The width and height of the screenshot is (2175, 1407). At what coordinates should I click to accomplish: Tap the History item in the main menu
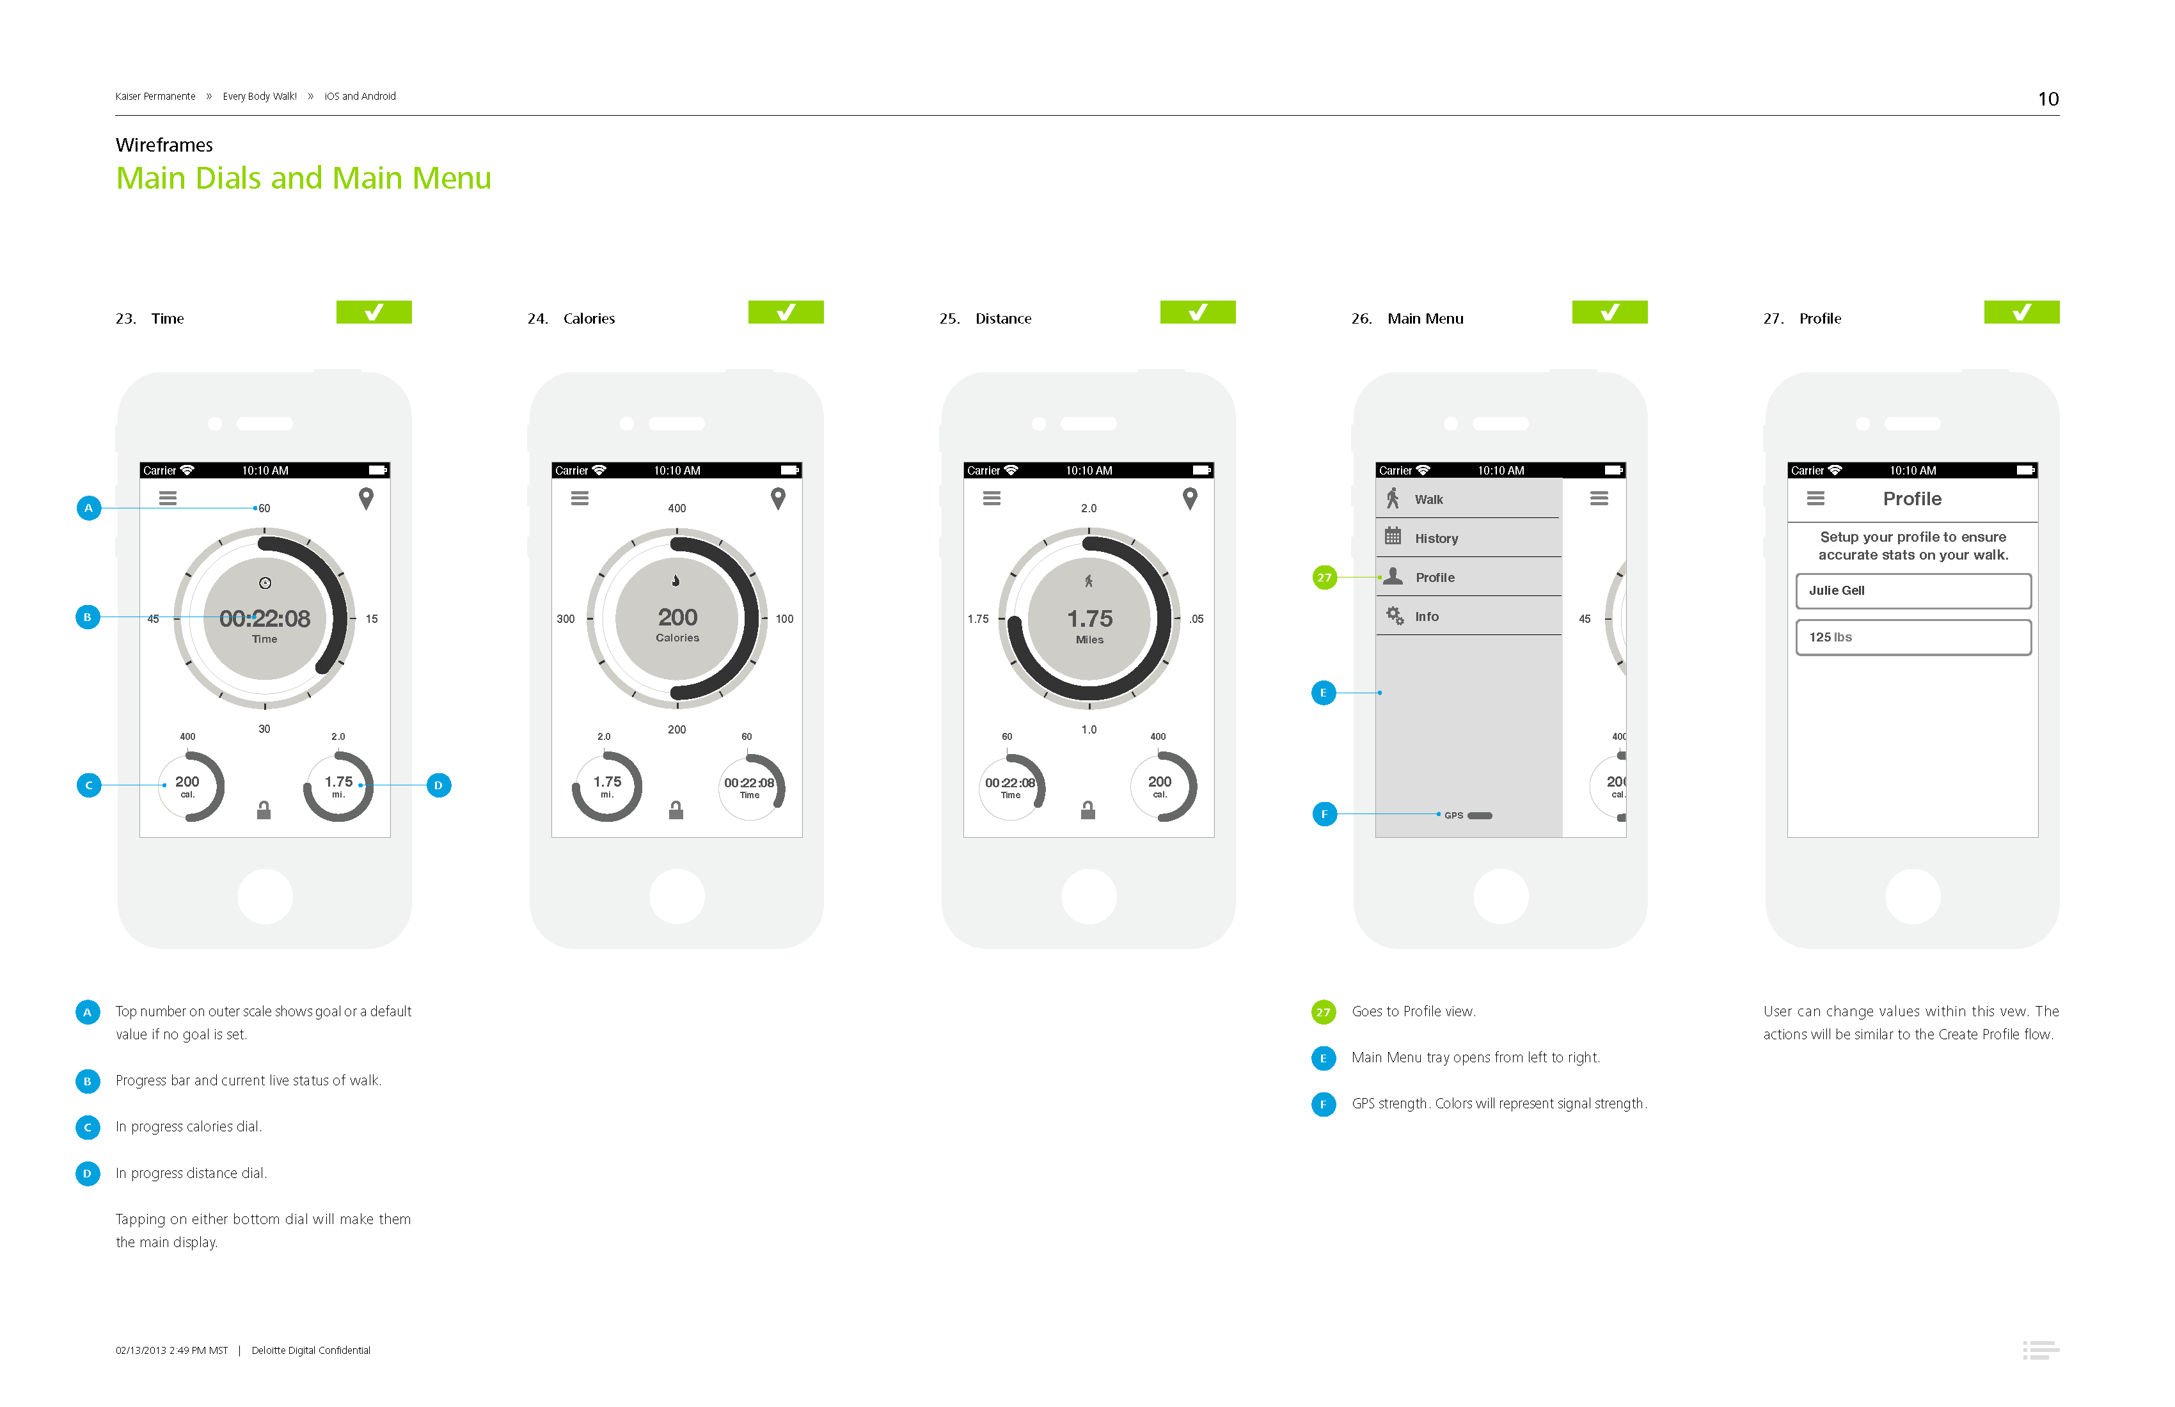click(1467, 538)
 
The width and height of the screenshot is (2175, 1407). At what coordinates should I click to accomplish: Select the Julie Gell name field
click(1913, 590)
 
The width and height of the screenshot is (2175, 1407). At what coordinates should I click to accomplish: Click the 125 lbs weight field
click(1913, 637)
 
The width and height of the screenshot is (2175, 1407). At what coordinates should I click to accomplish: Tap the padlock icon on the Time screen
click(264, 810)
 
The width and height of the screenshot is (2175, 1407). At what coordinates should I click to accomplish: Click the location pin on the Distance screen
click(1190, 498)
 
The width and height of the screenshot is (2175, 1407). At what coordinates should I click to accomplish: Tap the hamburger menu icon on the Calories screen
click(580, 498)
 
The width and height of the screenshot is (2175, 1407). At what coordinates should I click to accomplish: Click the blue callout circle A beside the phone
click(89, 507)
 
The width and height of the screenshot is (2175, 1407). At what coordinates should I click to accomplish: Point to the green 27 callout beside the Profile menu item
click(1324, 578)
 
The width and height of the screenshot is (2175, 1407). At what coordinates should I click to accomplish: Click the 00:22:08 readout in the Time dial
click(265, 618)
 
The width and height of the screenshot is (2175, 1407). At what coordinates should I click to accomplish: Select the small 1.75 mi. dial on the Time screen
click(338, 786)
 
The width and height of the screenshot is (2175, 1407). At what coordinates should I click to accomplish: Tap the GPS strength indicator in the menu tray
click(1469, 815)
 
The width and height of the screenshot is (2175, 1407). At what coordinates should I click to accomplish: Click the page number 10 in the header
click(2048, 98)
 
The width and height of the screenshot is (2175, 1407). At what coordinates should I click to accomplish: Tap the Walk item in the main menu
click(1467, 499)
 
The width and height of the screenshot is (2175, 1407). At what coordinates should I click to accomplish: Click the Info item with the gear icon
click(1467, 616)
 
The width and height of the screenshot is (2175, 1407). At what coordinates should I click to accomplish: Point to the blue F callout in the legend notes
click(1324, 1104)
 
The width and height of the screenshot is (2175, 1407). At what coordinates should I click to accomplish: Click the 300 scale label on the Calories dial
click(565, 618)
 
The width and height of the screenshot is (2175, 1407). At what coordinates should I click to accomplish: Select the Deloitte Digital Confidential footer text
click(311, 1349)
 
